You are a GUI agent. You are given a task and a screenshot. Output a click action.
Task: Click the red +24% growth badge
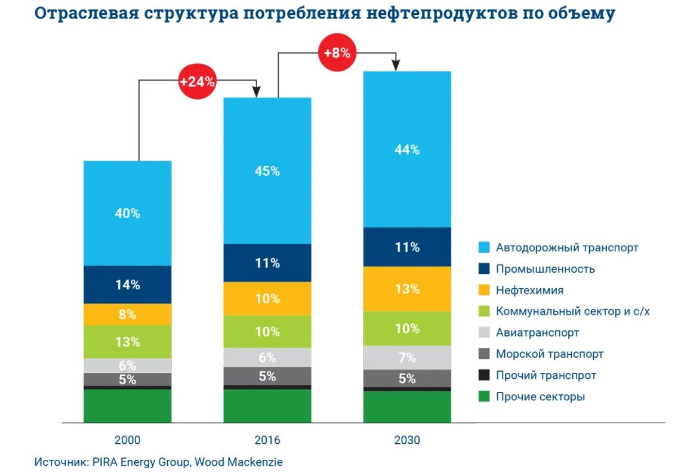(196, 82)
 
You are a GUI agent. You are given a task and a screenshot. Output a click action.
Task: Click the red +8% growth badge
(336, 52)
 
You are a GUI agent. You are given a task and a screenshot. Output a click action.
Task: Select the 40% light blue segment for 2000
(127, 213)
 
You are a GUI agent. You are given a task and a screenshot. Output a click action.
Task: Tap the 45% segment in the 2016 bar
(267, 171)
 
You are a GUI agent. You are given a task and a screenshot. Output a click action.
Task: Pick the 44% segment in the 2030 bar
(406, 150)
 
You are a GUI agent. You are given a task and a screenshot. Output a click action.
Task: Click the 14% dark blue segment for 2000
(127, 285)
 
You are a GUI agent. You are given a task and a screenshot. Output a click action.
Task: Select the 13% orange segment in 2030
(406, 289)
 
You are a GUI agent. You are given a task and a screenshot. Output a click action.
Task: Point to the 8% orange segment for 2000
(127, 314)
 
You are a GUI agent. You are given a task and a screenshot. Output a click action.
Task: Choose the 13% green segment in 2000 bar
(127, 342)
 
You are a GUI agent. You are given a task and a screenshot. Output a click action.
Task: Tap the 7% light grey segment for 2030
(406, 358)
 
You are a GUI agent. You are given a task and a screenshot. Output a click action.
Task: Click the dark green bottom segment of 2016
(267, 406)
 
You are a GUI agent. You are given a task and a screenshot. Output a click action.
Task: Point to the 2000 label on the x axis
(127, 441)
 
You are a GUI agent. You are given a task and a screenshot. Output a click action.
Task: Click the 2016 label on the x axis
(267, 441)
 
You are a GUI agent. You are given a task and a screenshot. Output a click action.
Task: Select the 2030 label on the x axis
(406, 441)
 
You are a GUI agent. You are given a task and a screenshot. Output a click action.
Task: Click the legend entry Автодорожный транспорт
(566, 247)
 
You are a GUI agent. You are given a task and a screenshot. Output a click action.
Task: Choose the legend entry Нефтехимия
(529, 290)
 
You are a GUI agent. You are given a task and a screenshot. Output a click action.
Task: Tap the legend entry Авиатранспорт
(537, 332)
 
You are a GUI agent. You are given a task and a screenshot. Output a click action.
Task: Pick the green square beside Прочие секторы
(485, 397)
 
